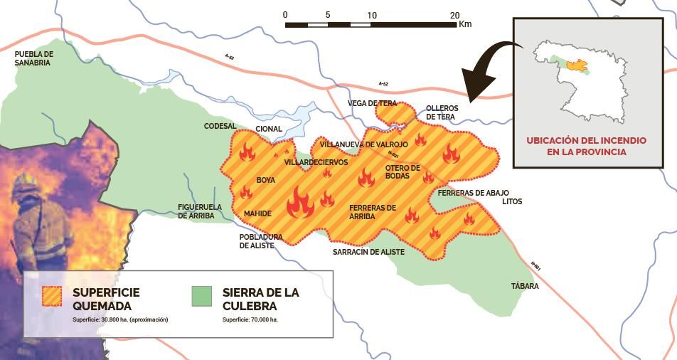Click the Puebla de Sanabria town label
[x=33, y=58]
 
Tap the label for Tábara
[x=525, y=287]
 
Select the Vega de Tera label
[x=372, y=103]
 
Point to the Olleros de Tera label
[x=441, y=112]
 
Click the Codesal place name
[x=220, y=126]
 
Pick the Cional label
[x=269, y=129]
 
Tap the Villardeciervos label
[x=316, y=162]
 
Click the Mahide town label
[x=257, y=213]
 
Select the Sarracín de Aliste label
[x=368, y=252]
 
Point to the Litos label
[x=512, y=201]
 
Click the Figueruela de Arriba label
[x=200, y=211]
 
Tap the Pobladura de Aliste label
[x=261, y=241]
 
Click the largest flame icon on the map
[x=300, y=203]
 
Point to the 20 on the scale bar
[x=455, y=15]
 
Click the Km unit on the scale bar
[x=466, y=24]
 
